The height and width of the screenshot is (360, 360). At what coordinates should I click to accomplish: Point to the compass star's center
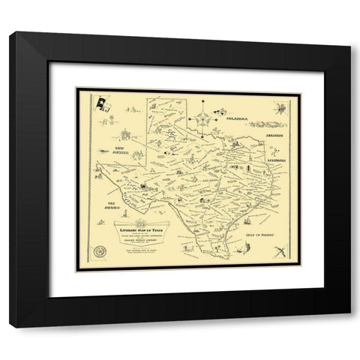[202, 118]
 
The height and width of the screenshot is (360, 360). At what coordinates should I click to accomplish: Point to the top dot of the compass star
[202, 105]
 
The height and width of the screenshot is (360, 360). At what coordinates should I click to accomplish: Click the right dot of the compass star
[213, 118]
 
